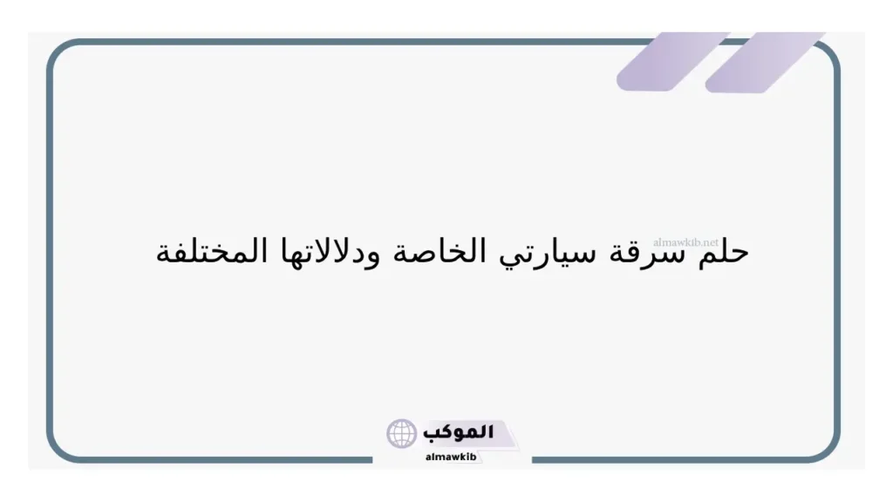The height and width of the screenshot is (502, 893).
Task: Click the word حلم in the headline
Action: [x=723, y=253]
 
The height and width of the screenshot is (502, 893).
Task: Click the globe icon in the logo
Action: [x=402, y=433]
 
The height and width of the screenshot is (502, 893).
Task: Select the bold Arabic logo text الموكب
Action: [x=459, y=432]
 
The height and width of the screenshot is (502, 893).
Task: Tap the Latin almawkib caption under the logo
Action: [x=450, y=456]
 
